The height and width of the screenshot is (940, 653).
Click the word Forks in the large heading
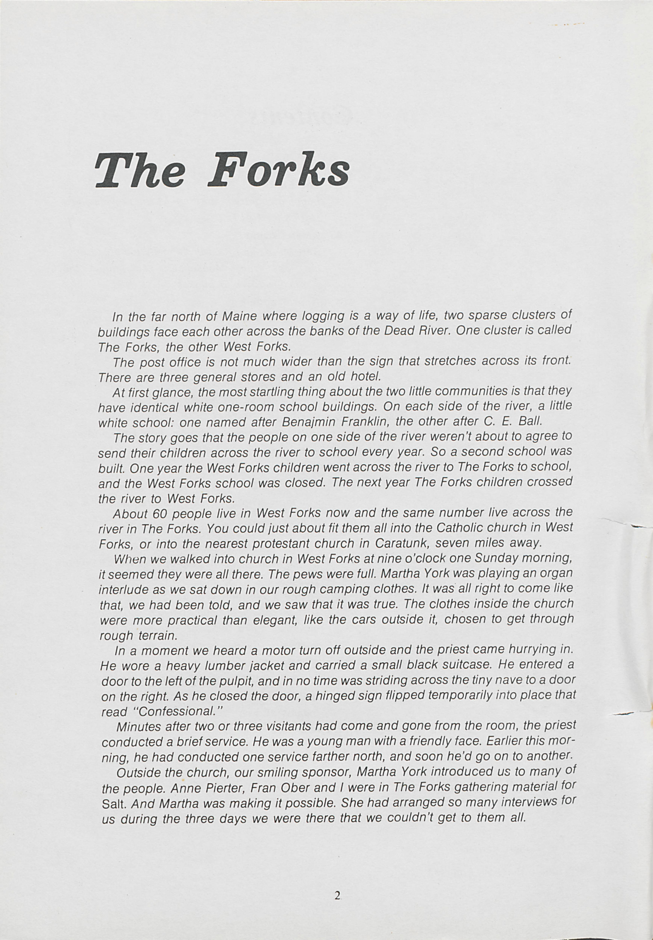[278, 170]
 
